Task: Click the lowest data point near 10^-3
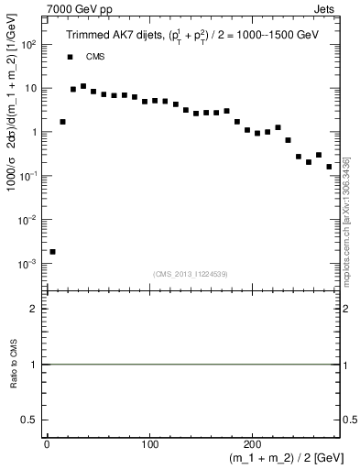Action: (52, 251)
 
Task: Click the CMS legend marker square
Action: (70, 57)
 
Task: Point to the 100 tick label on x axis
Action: (150, 444)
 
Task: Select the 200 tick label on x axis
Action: (254, 444)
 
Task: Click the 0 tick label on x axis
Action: (47, 444)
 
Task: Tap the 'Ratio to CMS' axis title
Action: (12, 365)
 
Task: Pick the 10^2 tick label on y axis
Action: (29, 45)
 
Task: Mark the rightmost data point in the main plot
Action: (329, 167)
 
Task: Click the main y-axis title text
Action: (12, 156)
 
